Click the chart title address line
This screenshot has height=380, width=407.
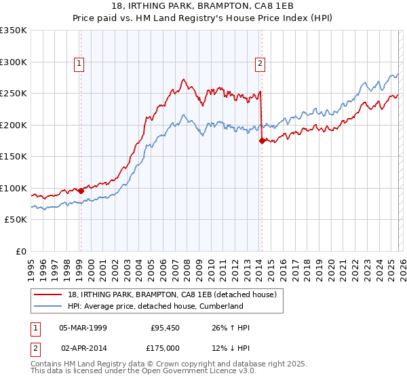coord(203,7)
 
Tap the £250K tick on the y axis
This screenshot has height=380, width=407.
coord(14,94)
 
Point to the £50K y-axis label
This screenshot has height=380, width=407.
coord(16,220)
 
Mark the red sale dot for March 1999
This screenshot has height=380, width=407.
coord(81,191)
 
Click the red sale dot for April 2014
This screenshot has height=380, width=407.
coord(262,141)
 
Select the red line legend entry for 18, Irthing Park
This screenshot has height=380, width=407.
coord(162,295)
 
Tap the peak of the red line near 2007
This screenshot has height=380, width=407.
coord(183,79)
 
